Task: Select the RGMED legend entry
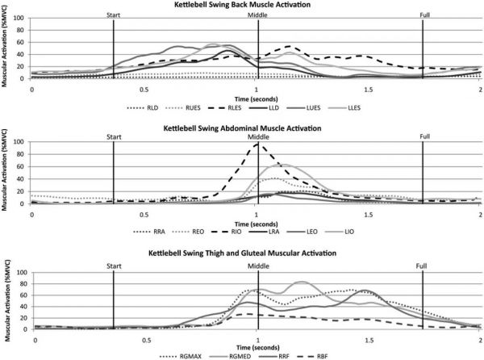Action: pos(230,354)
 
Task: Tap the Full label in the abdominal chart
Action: pos(423,137)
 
